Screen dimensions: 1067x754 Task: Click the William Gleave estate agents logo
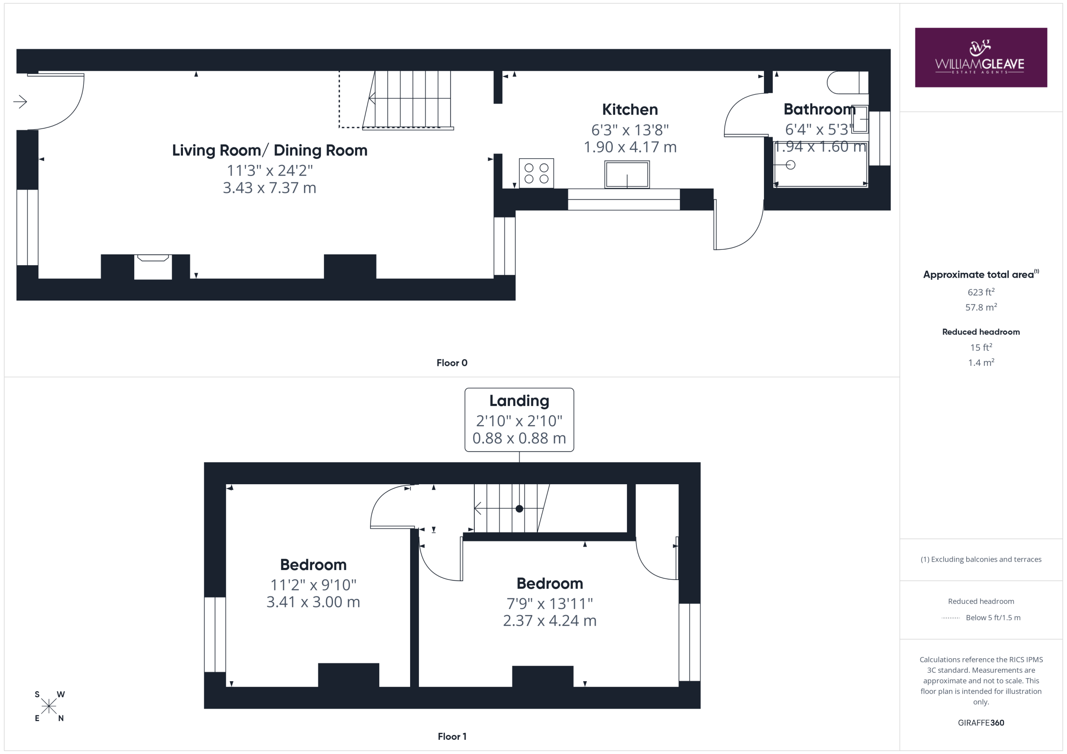tap(981, 57)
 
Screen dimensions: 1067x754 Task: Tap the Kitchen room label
tap(630, 109)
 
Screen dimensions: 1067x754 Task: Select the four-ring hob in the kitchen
tap(536, 173)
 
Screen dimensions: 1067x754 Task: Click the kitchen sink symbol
tap(627, 174)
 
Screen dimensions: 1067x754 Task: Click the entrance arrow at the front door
tap(20, 101)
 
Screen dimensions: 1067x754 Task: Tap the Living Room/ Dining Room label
tap(270, 150)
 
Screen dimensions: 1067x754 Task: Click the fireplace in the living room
tap(153, 266)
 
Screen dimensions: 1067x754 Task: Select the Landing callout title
tap(519, 400)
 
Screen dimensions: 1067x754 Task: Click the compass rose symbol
tap(49, 706)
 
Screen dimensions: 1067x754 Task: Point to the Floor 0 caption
tap(452, 363)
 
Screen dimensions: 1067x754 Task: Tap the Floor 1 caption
tap(452, 737)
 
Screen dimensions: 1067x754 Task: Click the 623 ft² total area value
tap(981, 291)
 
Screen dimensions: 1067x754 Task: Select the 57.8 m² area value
tap(981, 307)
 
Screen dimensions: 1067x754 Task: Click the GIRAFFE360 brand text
tap(981, 722)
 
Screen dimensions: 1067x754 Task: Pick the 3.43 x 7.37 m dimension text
tap(270, 188)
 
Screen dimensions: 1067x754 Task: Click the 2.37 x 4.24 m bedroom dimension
tap(549, 620)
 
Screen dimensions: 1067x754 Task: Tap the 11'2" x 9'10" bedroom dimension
tap(313, 585)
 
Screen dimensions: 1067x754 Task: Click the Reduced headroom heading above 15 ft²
tap(981, 332)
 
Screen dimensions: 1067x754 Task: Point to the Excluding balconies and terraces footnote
tap(981, 560)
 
